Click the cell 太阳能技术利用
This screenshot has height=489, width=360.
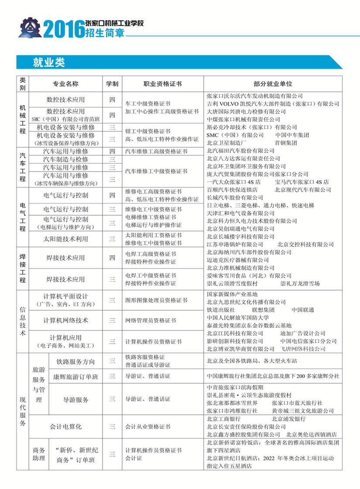[x=65, y=239]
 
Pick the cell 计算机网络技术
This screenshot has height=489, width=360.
[x=65, y=320]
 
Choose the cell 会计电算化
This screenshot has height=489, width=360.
[x=65, y=426]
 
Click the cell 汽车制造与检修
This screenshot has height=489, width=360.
[x=65, y=159]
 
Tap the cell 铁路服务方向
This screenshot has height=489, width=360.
[x=75, y=362]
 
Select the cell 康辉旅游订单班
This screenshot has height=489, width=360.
[x=75, y=376]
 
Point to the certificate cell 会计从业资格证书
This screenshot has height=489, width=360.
[x=148, y=426]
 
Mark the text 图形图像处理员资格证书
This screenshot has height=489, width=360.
[x=156, y=300]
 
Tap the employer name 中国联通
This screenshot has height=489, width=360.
[x=303, y=310]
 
